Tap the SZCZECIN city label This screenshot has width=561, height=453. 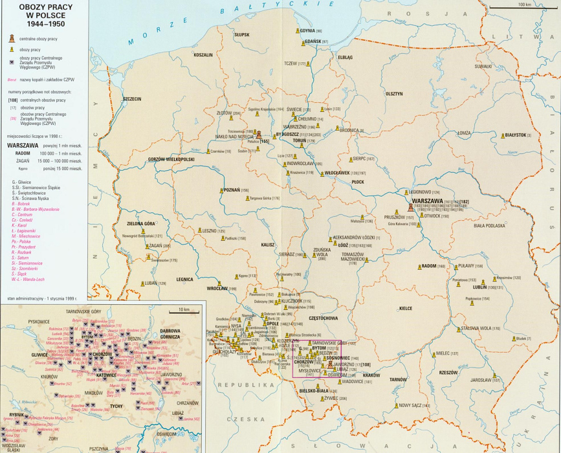131,99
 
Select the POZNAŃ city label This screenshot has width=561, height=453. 230,190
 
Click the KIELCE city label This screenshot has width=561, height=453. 406,309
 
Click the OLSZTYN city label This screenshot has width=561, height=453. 393,94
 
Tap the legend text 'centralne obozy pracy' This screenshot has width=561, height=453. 42,39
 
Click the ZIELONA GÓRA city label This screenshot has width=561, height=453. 141,224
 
